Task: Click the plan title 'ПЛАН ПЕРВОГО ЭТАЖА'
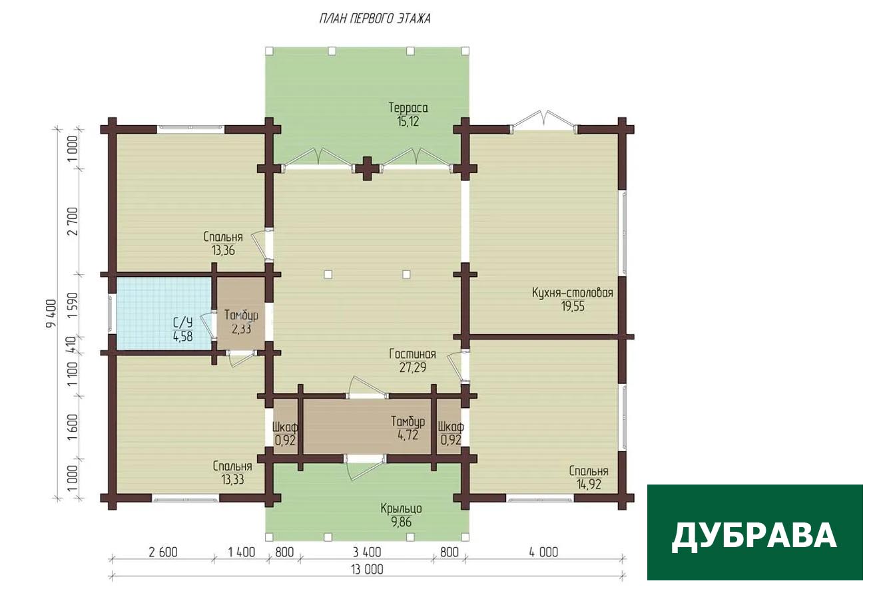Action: (375, 19)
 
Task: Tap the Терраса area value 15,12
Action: (408, 121)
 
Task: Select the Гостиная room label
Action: (413, 353)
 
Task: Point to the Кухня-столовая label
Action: (573, 293)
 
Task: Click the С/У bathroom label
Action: (182, 323)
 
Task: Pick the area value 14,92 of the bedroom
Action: (589, 485)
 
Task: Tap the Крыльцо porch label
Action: (401, 508)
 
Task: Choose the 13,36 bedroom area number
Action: (223, 250)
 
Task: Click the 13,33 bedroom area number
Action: (233, 479)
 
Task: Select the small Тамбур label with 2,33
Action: (241, 315)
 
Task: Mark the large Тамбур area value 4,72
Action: (408, 435)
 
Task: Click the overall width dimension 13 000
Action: (367, 570)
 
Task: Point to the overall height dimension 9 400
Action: (52, 313)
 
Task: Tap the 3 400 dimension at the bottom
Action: (367, 552)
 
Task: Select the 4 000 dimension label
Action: (543, 552)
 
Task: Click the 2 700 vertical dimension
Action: (73, 221)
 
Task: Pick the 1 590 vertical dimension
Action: (73, 306)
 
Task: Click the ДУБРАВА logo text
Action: (754, 536)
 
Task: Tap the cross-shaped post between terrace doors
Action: (368, 168)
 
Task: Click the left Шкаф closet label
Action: (285, 427)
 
